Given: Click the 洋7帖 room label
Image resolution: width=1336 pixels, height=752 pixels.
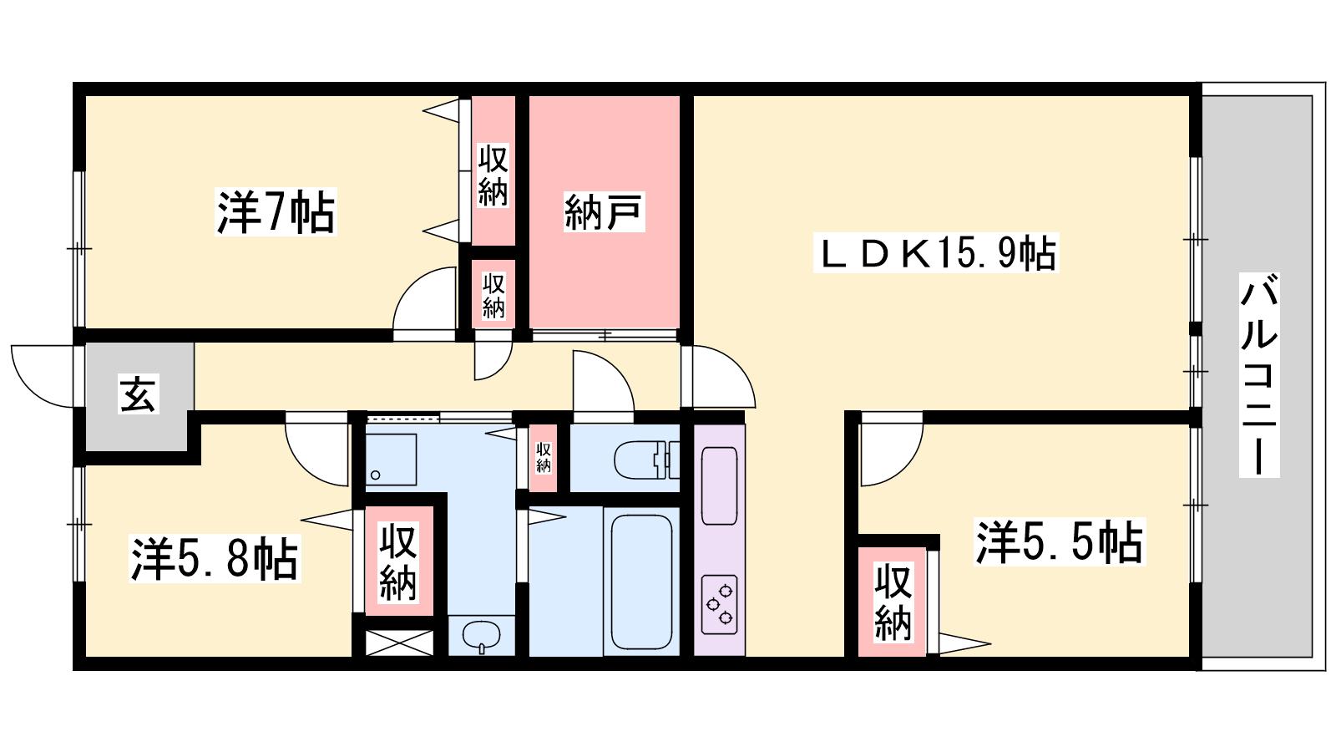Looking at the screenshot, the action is coord(276,212).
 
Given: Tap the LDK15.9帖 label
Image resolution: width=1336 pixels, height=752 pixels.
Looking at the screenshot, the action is coord(936,253).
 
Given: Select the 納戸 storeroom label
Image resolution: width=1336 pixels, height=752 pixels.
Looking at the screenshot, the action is coord(604,212).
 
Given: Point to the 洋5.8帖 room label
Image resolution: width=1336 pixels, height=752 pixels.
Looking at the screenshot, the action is coord(215,559).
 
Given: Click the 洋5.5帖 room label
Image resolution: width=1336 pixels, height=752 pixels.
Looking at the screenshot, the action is coord(1060,542).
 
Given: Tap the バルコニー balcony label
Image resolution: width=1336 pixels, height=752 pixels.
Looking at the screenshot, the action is coord(1259,375).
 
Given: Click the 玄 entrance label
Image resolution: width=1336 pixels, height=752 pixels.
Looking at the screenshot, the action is coord(139,394).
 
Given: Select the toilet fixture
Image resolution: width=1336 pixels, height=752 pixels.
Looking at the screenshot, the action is coord(646,460).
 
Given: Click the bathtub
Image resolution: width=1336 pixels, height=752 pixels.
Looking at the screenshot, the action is coord(642,582).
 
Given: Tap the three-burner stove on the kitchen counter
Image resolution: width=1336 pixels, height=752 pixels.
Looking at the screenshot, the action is coord(719,605).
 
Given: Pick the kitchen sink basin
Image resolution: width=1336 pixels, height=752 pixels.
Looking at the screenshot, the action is coord(719,485).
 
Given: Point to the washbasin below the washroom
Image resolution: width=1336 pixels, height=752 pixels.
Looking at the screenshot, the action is coord(481,635).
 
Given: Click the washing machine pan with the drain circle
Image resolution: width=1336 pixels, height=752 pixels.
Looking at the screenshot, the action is coord(391,460).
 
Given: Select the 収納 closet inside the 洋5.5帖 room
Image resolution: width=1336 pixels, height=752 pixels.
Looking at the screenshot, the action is coord(893,602).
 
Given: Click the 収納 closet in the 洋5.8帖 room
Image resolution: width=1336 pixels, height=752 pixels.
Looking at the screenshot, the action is coord(398,561).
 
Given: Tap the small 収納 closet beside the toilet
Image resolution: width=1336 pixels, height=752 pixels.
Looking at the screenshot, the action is coord(543,458).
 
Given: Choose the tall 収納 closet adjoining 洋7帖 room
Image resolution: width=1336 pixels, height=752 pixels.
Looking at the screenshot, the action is coord(493,170).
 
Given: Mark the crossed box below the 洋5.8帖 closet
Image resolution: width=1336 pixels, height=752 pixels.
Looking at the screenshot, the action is coord(399,643).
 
